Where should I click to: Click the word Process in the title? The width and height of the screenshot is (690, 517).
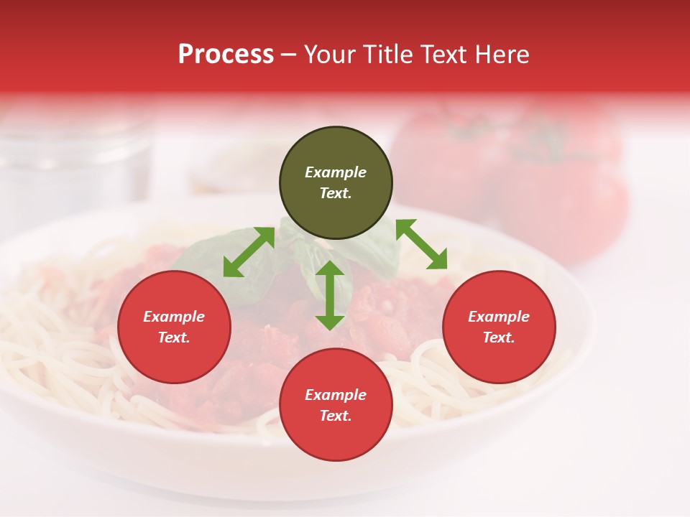pos(226,55)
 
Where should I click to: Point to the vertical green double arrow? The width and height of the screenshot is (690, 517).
pos(330,295)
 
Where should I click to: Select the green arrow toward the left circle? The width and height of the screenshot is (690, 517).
pos(249,252)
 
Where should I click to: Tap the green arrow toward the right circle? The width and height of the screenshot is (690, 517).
pos(422,244)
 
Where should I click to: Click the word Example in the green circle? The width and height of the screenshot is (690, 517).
pos(336,172)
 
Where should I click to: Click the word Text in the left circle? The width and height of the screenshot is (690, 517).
pos(174,337)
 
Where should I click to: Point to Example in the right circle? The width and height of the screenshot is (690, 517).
pos(499,317)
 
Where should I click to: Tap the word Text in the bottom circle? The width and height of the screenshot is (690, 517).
pos(335,416)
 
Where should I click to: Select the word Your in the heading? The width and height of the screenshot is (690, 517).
pos(328,55)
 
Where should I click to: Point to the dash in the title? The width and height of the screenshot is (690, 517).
pos(288,55)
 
